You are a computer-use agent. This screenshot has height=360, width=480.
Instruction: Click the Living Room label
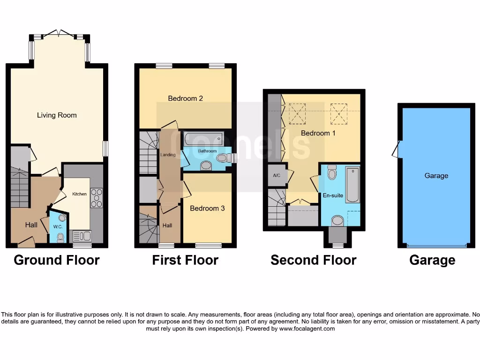click(x=57, y=115)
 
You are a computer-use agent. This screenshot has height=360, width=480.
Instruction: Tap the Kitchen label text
click(x=79, y=194)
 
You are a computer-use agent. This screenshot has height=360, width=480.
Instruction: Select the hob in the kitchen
click(x=96, y=197)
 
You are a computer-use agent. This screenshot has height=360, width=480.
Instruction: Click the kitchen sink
click(x=79, y=235)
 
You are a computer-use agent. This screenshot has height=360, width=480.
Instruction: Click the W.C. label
click(x=58, y=227)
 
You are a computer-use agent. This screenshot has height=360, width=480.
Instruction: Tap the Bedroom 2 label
click(x=185, y=98)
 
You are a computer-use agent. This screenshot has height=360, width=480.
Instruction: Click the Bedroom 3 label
click(x=207, y=208)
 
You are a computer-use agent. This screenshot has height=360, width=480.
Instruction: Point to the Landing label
click(x=168, y=155)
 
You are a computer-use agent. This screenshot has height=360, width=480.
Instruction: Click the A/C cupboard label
click(x=276, y=175)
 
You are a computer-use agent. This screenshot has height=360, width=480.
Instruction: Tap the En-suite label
click(x=333, y=195)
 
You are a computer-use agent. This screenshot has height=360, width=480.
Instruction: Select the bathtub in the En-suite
click(x=352, y=186)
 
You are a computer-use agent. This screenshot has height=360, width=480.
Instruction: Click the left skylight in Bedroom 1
click(x=297, y=113)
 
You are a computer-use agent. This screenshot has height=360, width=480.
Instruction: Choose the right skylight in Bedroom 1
click(x=339, y=113)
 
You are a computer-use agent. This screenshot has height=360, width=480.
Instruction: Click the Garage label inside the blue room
click(x=436, y=176)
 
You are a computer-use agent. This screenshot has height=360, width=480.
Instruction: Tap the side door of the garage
click(x=396, y=150)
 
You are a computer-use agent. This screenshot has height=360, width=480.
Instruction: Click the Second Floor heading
click(x=313, y=260)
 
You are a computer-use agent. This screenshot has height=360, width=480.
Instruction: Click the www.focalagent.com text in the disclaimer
click(x=307, y=329)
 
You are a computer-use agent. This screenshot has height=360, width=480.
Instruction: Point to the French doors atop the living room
click(x=59, y=34)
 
